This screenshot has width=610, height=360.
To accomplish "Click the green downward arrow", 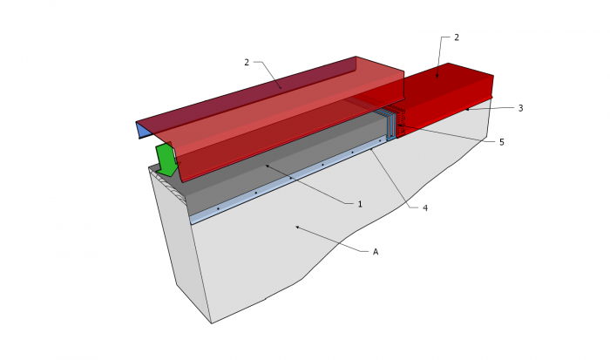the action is [x=166, y=160].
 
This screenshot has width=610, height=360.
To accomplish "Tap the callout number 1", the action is [x=360, y=204].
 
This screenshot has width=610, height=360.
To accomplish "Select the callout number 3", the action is [x=520, y=108].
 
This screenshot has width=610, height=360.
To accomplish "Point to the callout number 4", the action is [x=425, y=208].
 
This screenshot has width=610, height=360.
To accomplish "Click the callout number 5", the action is [x=501, y=142].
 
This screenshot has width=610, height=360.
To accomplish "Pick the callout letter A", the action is [x=376, y=252].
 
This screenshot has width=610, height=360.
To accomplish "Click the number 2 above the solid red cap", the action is [x=457, y=37].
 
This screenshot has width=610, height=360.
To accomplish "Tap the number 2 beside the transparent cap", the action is [x=247, y=62].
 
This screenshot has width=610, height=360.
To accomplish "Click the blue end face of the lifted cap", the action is [x=144, y=131].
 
